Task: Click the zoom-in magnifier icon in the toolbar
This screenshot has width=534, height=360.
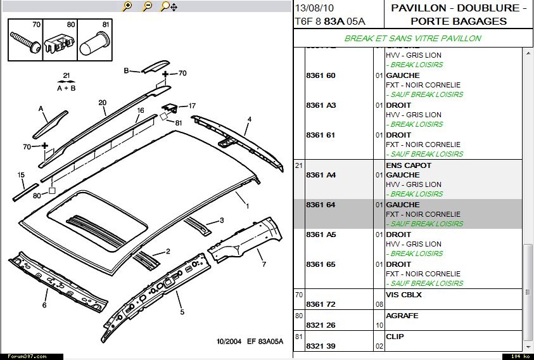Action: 127,6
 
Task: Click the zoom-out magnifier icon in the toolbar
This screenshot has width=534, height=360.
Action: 147,6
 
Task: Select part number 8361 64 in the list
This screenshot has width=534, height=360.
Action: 321,205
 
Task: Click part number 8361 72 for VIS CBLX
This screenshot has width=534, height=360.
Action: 321,304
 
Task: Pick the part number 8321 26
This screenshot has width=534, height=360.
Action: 321,325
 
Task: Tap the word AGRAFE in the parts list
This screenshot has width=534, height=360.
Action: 402,316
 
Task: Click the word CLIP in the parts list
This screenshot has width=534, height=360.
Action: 395,337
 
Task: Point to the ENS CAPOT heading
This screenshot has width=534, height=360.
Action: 409,165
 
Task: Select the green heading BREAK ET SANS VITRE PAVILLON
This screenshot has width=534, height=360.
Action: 412,38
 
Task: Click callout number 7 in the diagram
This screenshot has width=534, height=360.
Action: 264,264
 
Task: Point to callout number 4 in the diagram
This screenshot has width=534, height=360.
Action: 250,119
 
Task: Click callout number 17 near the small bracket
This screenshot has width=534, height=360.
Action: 192,105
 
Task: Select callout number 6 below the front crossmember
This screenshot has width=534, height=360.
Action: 44,305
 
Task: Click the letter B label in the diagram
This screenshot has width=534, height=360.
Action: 126,70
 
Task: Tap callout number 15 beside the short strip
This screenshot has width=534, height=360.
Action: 21,175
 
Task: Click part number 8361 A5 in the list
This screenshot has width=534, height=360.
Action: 321,235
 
